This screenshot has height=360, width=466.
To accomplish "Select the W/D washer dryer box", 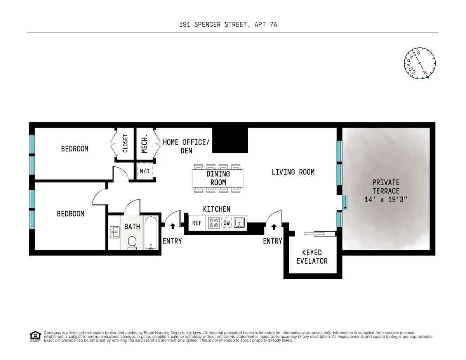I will tap(144, 171).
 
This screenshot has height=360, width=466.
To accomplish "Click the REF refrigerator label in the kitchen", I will tap(197, 223).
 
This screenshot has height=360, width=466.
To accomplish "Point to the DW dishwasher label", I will tap(226, 223).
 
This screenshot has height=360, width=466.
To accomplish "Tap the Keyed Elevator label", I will tap(312, 257).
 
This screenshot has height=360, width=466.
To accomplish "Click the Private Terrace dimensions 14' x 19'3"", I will tap(386, 200).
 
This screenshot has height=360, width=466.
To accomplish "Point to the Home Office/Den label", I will tap(186, 146).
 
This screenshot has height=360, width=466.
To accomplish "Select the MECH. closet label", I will tap(144, 144).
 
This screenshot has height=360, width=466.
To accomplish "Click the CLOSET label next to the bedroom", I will tap(125, 144).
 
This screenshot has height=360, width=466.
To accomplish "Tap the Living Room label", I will tap(293, 172).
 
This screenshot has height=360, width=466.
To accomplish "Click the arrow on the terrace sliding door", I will tap(345, 203).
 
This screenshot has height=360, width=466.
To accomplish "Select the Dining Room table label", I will tap(218, 178).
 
